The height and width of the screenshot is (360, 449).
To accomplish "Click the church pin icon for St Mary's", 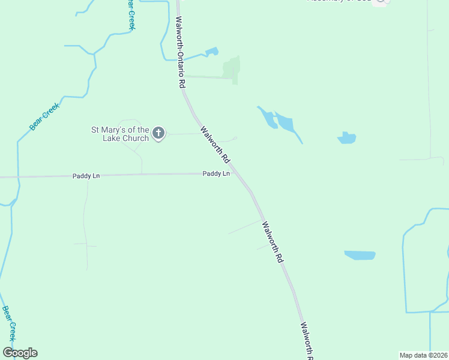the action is (158, 133).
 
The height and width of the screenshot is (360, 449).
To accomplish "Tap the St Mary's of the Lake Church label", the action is (119, 134).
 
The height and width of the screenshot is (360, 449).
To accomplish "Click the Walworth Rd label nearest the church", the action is (215, 145).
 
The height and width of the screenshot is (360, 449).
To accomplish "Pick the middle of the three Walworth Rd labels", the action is (271, 242).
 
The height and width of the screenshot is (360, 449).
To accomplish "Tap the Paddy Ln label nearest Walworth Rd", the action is (216, 173).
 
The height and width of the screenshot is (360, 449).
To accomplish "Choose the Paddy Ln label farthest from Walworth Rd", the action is (86, 176).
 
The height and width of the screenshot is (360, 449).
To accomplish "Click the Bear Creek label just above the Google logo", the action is (9, 324).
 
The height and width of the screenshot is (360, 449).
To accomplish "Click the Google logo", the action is (20, 353).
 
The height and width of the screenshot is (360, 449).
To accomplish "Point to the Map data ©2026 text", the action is (423, 355).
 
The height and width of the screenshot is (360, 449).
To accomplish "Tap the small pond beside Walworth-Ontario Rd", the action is (211, 52).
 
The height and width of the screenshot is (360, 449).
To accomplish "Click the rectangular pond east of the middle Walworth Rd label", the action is (360, 255).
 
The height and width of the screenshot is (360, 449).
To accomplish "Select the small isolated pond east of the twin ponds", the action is (346, 138).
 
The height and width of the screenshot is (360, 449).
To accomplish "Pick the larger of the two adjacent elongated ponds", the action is (285, 124).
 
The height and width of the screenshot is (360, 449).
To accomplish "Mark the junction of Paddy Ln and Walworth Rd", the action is (237, 174).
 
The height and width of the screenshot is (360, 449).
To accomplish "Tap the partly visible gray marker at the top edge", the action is (381, 2).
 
